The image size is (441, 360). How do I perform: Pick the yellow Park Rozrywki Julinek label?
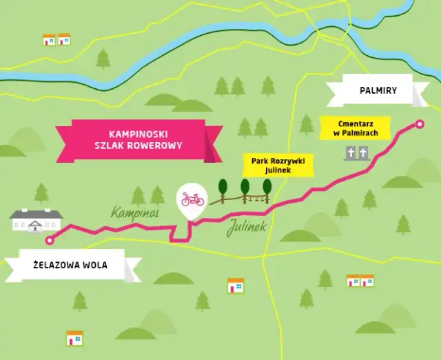click(278, 165)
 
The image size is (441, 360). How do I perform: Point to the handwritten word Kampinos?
click(135, 212)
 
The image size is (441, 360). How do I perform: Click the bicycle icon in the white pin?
click(192, 199)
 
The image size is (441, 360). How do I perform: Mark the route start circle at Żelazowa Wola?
click(49, 241)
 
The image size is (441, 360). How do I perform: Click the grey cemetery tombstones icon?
click(356, 153)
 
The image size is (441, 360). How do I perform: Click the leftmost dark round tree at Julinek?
click(222, 187)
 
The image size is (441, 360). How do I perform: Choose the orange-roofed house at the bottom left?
click(74, 338)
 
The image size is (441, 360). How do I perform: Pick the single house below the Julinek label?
click(236, 285)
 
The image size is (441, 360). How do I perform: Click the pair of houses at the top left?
click(57, 39)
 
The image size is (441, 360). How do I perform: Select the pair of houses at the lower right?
click(360, 280)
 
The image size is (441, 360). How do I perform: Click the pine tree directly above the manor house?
click(41, 192)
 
